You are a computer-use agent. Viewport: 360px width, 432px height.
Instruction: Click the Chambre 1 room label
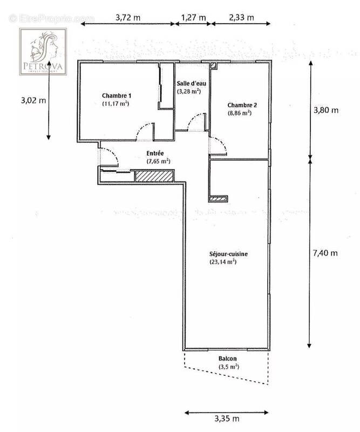117,95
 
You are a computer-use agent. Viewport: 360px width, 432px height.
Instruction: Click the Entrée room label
155,153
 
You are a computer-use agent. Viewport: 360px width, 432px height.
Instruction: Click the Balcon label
227,359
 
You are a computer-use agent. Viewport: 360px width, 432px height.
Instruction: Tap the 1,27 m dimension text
193,17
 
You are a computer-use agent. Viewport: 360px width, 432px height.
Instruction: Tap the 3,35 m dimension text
226,418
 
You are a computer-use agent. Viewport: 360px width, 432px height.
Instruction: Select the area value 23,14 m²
223,262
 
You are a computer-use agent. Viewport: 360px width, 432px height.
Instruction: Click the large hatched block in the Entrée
154,175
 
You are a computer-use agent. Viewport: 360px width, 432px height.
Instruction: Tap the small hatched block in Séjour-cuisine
219,198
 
